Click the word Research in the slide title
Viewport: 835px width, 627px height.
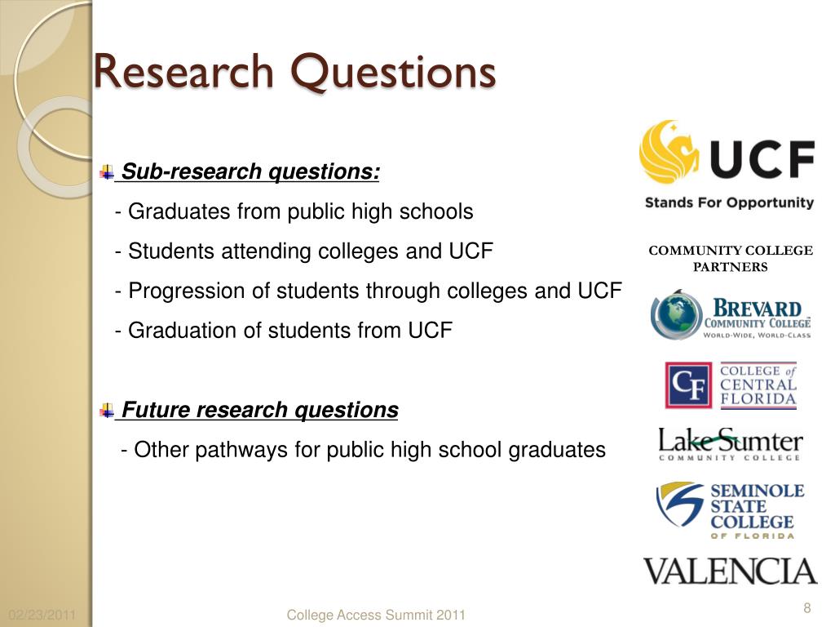point(183,71)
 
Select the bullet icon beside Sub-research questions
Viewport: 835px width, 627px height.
point(107,171)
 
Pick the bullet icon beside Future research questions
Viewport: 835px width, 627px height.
point(107,410)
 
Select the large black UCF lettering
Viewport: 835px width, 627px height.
point(762,159)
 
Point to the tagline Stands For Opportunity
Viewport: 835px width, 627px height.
point(730,202)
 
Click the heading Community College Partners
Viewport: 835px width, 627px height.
point(731,259)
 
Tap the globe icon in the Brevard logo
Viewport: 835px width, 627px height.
point(676,314)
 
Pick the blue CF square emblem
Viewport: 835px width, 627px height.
point(688,385)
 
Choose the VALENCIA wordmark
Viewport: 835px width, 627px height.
point(730,571)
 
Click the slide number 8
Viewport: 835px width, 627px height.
point(807,607)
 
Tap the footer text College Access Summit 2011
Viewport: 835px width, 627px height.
point(376,616)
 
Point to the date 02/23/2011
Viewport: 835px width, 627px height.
point(42,616)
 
